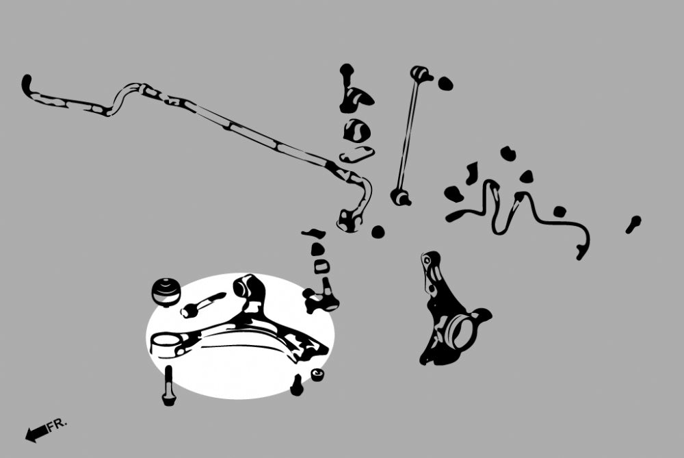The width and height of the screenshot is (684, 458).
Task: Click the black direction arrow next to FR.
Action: click(36, 433)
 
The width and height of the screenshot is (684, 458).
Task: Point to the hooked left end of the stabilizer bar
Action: click(27, 85)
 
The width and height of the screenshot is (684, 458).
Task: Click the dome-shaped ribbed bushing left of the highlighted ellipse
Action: click(166, 291)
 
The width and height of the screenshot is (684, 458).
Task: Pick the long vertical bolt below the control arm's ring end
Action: click(169, 385)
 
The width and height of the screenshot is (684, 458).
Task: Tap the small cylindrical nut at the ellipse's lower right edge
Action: click(317, 374)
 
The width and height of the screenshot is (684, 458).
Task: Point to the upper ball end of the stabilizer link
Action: click(421, 74)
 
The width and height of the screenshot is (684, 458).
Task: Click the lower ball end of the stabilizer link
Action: click(400, 197)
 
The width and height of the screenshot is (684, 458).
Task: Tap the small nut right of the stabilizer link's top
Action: click(445, 84)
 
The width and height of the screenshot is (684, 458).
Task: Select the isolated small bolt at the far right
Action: click(633, 225)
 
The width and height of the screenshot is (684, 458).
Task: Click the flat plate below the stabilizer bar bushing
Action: click(356, 155)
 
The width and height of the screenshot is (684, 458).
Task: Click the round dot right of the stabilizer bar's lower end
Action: click(378, 232)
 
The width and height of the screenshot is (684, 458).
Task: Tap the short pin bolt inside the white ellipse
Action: click(201, 305)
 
